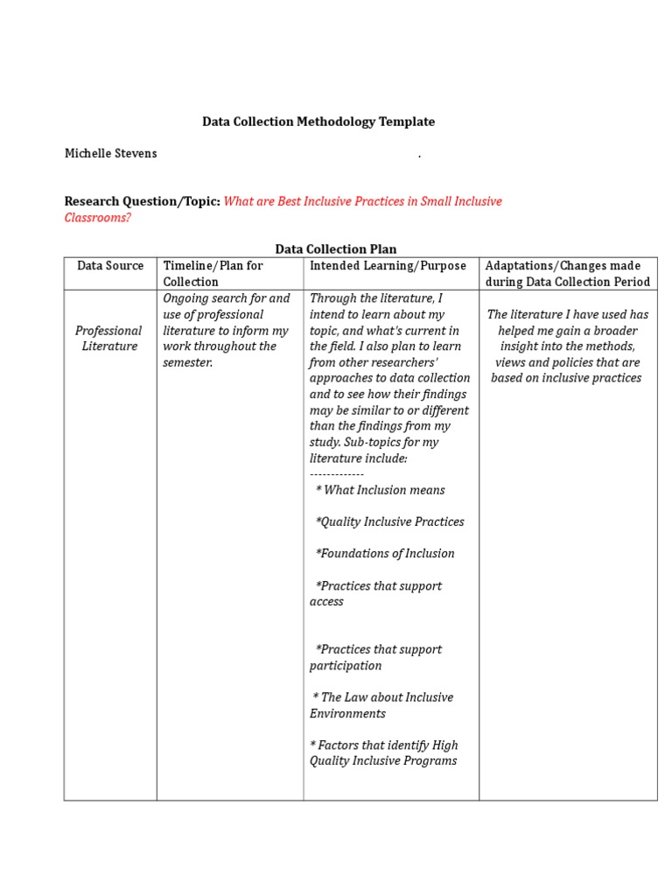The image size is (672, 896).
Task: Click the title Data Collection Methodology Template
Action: [x=318, y=122]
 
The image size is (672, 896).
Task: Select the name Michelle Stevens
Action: [x=111, y=153]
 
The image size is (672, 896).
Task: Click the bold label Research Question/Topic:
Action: [x=142, y=201]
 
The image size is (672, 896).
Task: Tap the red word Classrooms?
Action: [x=97, y=217]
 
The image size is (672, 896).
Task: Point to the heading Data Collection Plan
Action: [x=336, y=249]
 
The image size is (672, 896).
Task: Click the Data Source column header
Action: [x=109, y=265]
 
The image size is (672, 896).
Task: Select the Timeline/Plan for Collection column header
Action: [x=213, y=273]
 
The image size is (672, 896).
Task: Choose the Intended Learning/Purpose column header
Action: [x=388, y=265]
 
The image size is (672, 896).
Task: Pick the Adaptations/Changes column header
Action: [x=567, y=273]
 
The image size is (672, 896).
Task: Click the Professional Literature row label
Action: [x=108, y=339]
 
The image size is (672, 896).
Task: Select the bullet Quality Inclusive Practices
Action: [x=389, y=521]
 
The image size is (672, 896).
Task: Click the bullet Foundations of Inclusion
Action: [x=385, y=553]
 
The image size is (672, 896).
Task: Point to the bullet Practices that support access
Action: [x=376, y=593]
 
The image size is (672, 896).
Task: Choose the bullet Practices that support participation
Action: [x=376, y=657]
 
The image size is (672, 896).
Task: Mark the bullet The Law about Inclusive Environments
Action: [x=381, y=705]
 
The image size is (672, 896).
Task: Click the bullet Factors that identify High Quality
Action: [x=383, y=752]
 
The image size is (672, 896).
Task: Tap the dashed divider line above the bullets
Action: [x=337, y=473]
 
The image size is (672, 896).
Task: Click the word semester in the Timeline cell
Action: [x=186, y=362]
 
